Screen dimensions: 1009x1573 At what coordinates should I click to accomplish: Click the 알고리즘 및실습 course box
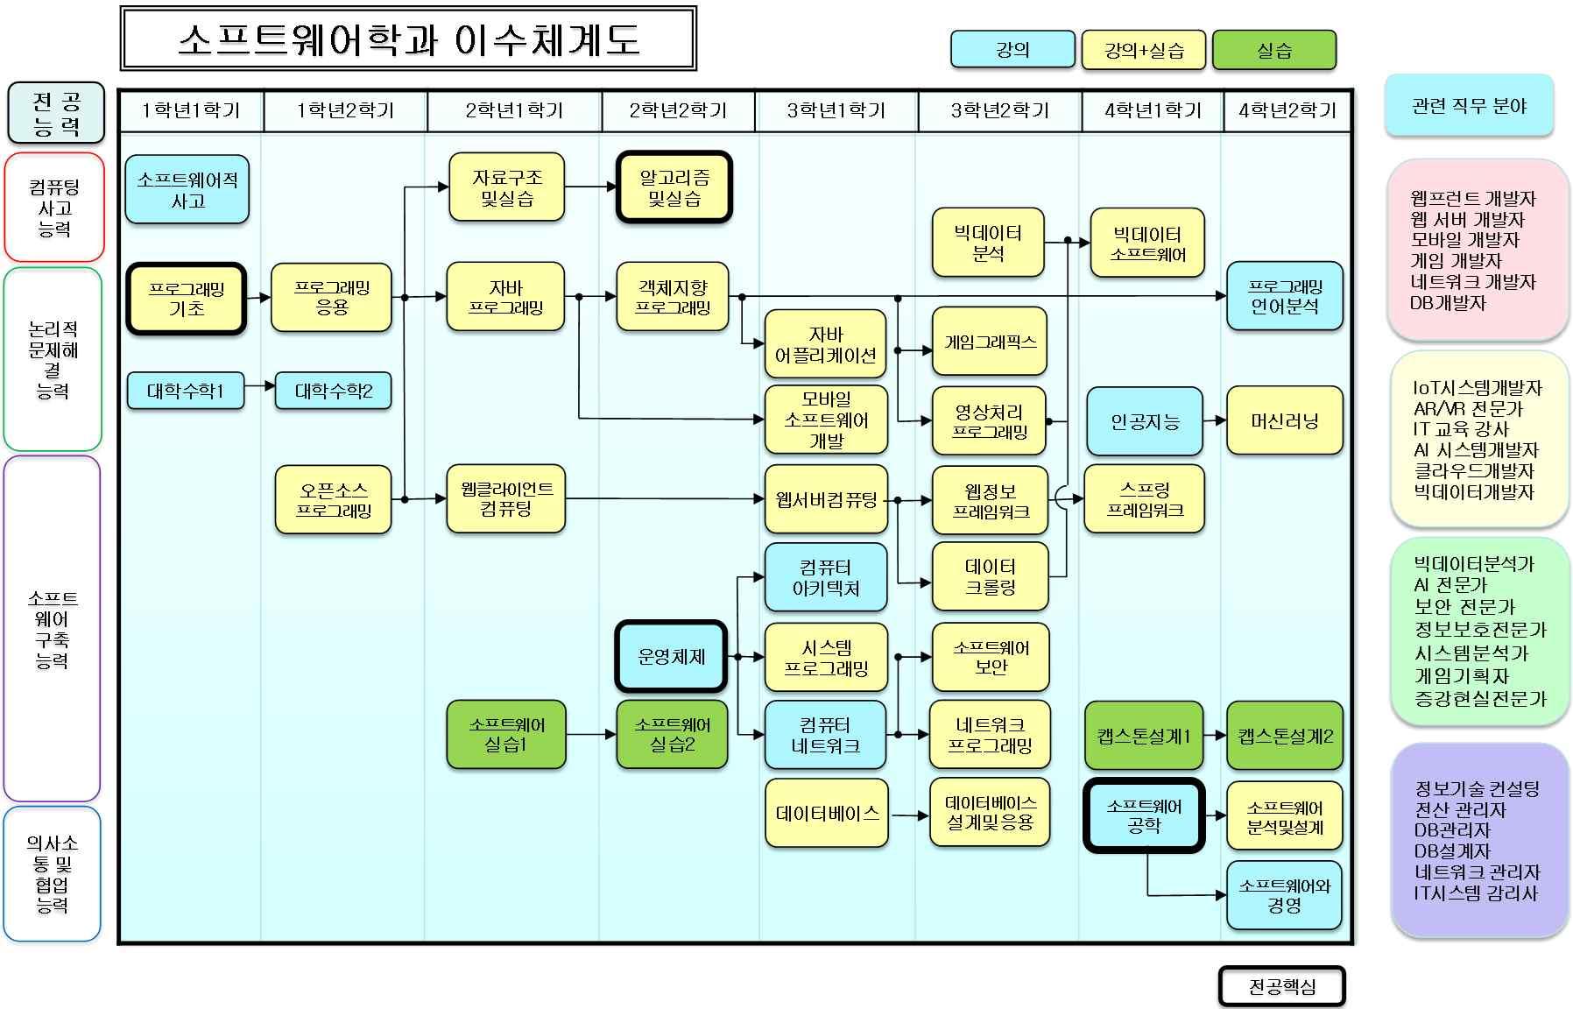pos(674,187)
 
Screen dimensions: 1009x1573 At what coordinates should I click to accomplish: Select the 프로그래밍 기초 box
pos(187,299)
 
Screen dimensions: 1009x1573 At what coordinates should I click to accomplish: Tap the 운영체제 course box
pos(671,656)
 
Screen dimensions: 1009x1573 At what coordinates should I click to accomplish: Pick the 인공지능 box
pos(1145,421)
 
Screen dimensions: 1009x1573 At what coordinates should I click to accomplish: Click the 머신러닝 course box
pos(1284,421)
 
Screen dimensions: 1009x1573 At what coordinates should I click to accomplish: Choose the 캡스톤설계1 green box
pos(1144,736)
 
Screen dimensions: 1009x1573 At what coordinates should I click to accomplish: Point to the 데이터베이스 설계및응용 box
pos(990,813)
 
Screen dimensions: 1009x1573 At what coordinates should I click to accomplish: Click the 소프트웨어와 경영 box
pos(1284,895)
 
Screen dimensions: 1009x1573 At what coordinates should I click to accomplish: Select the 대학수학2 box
pos(333,391)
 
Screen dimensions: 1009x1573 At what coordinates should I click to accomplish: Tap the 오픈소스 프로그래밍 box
pos(333,500)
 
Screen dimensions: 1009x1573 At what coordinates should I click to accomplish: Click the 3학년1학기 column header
pos(836,110)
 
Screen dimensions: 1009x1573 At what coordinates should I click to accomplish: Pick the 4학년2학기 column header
pos(1287,110)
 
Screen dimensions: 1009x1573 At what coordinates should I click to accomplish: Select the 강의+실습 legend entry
pos(1144,50)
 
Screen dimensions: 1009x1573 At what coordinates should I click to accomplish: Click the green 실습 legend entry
pos(1273,50)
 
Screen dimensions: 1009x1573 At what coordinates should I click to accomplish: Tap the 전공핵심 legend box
pos(1281,987)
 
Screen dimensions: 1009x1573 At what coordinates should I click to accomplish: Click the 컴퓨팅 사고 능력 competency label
pos(54,208)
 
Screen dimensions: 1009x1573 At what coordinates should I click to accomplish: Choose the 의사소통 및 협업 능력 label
pos(53,873)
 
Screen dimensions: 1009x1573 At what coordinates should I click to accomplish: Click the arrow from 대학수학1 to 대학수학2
pos(260,385)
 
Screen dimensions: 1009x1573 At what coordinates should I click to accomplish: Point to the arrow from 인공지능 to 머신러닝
pos(1215,421)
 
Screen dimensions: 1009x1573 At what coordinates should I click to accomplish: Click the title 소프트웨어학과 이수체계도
pos(408,39)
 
